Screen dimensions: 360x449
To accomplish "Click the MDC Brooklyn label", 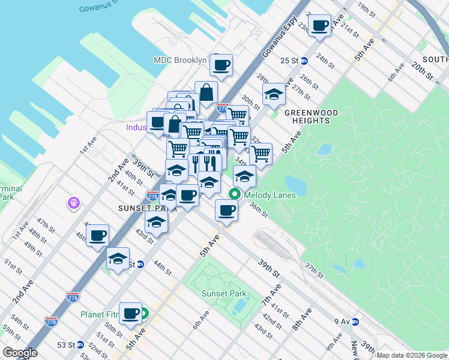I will [x=180, y=61].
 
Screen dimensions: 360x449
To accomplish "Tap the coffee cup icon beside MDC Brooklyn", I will [x=221, y=65].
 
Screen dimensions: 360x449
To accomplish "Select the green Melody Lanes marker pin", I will [x=234, y=194].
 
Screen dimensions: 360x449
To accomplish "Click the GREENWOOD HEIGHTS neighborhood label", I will [x=311, y=116].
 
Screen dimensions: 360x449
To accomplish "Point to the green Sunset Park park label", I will [x=223, y=293].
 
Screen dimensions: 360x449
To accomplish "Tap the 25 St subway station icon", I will [x=304, y=61].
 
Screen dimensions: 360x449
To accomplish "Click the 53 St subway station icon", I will [x=80, y=345].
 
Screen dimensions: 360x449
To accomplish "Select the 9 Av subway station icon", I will [x=355, y=322].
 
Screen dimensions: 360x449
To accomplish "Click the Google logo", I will [x=20, y=353].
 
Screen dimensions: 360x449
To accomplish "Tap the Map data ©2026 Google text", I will [x=412, y=355].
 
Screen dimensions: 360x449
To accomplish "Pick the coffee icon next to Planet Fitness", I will [x=130, y=313].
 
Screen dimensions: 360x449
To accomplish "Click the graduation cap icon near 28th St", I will [x=274, y=94].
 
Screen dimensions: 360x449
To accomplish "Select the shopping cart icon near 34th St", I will [x=261, y=153].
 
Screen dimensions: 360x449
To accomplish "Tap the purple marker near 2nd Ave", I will [x=73, y=204].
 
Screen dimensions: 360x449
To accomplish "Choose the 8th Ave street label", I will [x=301, y=319].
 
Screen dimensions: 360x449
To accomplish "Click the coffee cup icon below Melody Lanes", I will [x=226, y=211].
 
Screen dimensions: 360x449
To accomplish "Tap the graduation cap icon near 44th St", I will [x=118, y=259].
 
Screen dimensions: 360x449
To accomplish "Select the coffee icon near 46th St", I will [x=97, y=236].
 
